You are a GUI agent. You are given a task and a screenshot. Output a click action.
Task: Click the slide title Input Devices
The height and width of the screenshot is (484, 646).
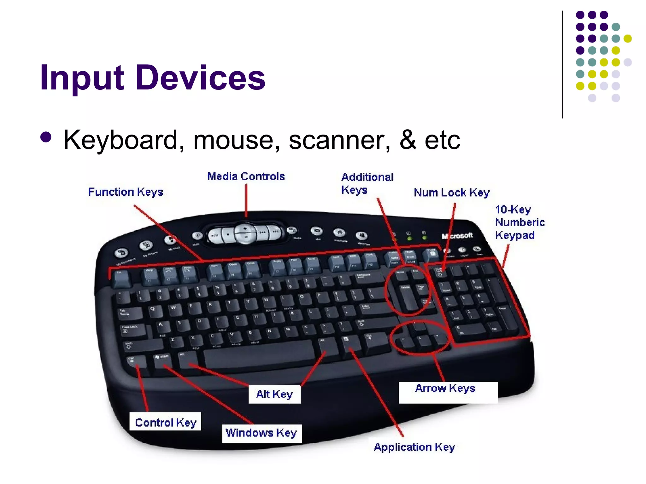click(153, 78)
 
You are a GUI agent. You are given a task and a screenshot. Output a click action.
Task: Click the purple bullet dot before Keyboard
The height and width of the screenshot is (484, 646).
click(46, 137)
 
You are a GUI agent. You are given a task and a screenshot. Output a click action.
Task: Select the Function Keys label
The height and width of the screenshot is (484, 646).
click(126, 192)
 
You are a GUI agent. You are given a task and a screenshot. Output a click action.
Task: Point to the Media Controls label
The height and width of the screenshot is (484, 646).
click(246, 176)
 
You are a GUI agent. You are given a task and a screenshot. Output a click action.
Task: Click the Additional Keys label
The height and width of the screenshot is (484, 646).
click(367, 183)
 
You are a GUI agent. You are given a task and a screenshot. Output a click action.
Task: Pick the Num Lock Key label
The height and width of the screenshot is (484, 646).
click(452, 193)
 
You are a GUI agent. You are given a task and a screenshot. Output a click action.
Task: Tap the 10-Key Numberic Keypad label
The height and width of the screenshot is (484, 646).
click(520, 222)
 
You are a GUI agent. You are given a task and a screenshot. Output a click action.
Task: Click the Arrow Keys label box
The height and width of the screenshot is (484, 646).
click(448, 392)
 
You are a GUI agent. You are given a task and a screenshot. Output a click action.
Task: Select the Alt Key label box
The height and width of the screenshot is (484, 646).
click(274, 394)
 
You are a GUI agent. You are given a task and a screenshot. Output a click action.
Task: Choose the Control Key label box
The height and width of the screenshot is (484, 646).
click(166, 422)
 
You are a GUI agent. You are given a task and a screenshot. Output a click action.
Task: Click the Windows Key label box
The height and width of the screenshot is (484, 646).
click(261, 433)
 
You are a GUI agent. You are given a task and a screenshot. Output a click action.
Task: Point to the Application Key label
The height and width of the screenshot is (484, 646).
click(414, 447)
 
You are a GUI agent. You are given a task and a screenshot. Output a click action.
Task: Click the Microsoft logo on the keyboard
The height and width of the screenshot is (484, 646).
click(457, 236)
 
